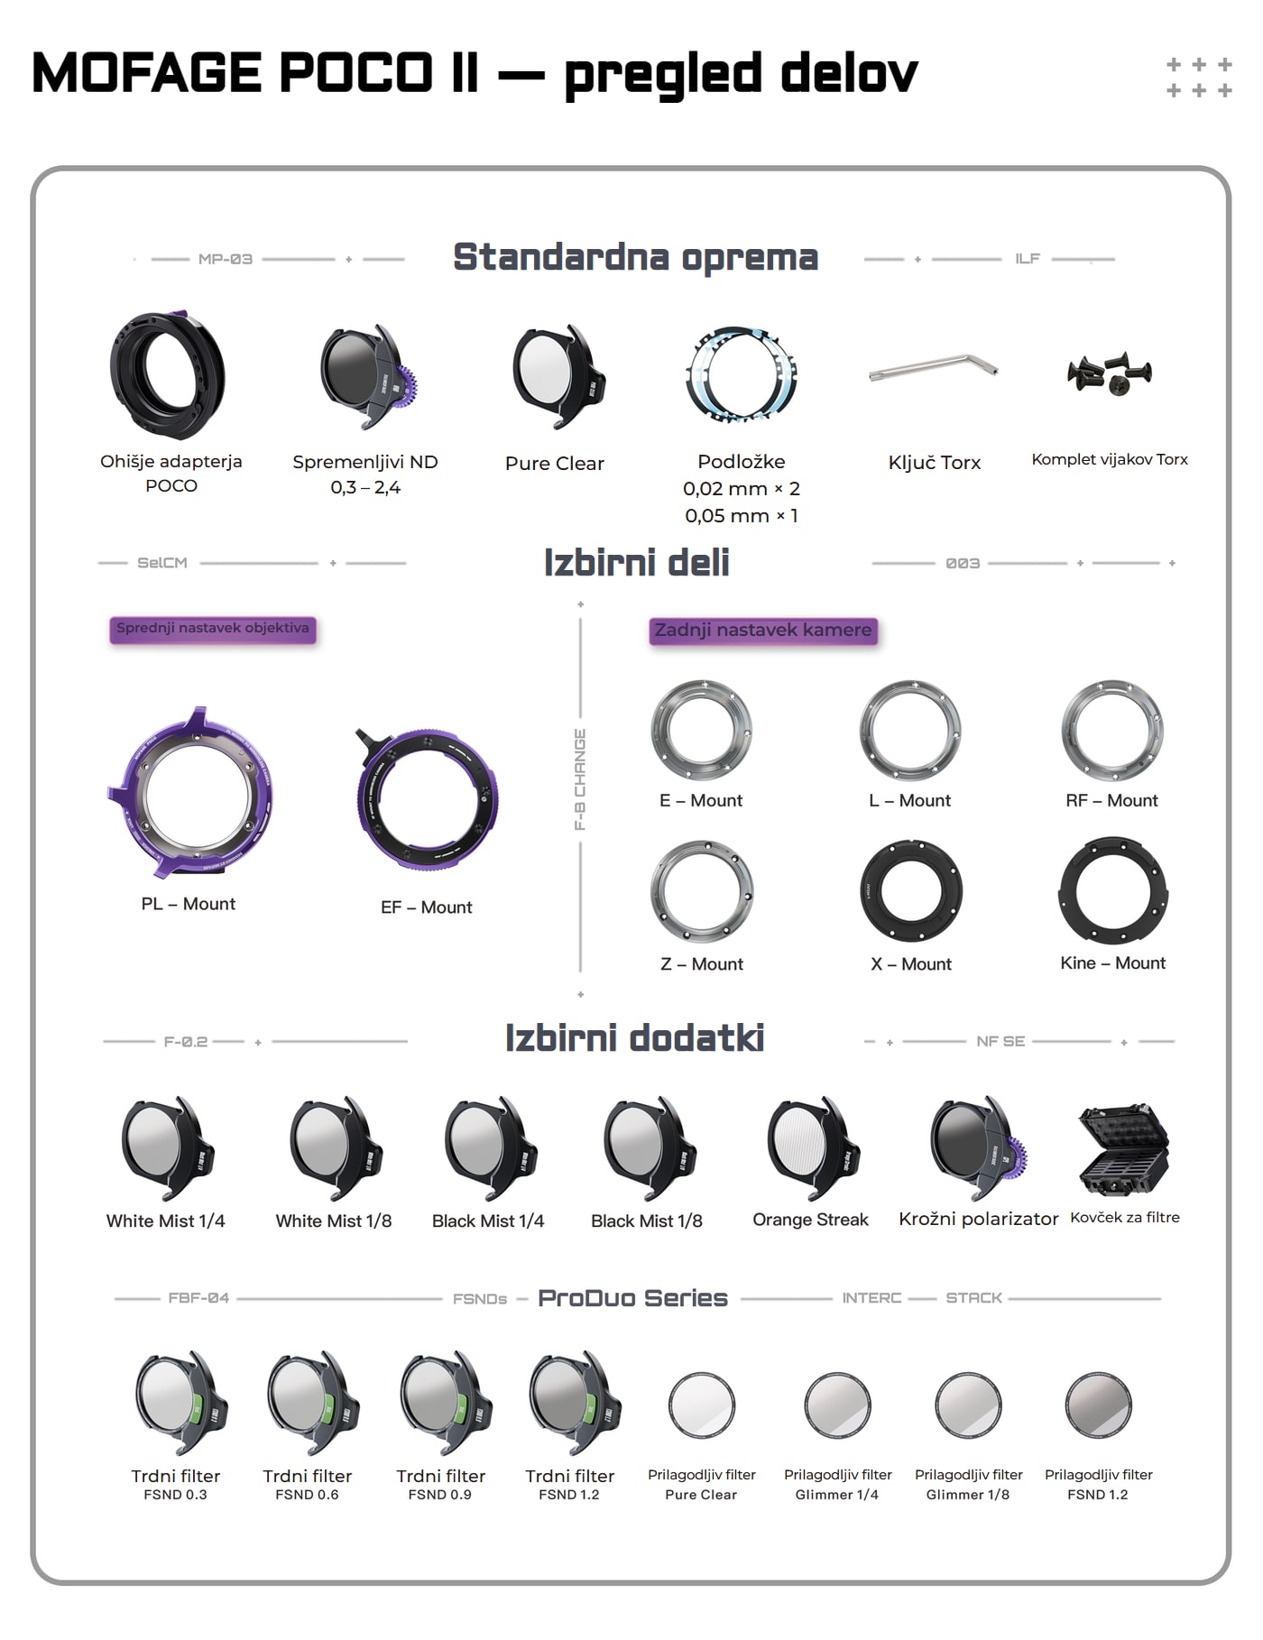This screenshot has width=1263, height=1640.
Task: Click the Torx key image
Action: tap(934, 367)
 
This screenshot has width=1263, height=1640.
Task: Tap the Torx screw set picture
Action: tap(1110, 372)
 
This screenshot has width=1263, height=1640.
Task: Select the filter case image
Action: tap(1124, 1149)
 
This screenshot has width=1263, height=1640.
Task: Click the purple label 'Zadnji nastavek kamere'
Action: tap(763, 631)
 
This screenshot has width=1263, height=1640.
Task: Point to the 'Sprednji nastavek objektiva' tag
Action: tap(213, 629)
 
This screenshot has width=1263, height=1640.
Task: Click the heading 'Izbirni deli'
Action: tap(636, 563)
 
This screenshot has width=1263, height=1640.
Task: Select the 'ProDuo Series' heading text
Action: tap(632, 1298)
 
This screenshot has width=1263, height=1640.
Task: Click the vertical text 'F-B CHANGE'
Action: tap(580, 779)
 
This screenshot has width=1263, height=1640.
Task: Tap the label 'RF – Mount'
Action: tap(1111, 800)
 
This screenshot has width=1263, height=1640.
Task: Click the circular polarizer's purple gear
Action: tap(1017, 1155)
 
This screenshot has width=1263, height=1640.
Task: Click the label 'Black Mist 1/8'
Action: tap(646, 1221)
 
